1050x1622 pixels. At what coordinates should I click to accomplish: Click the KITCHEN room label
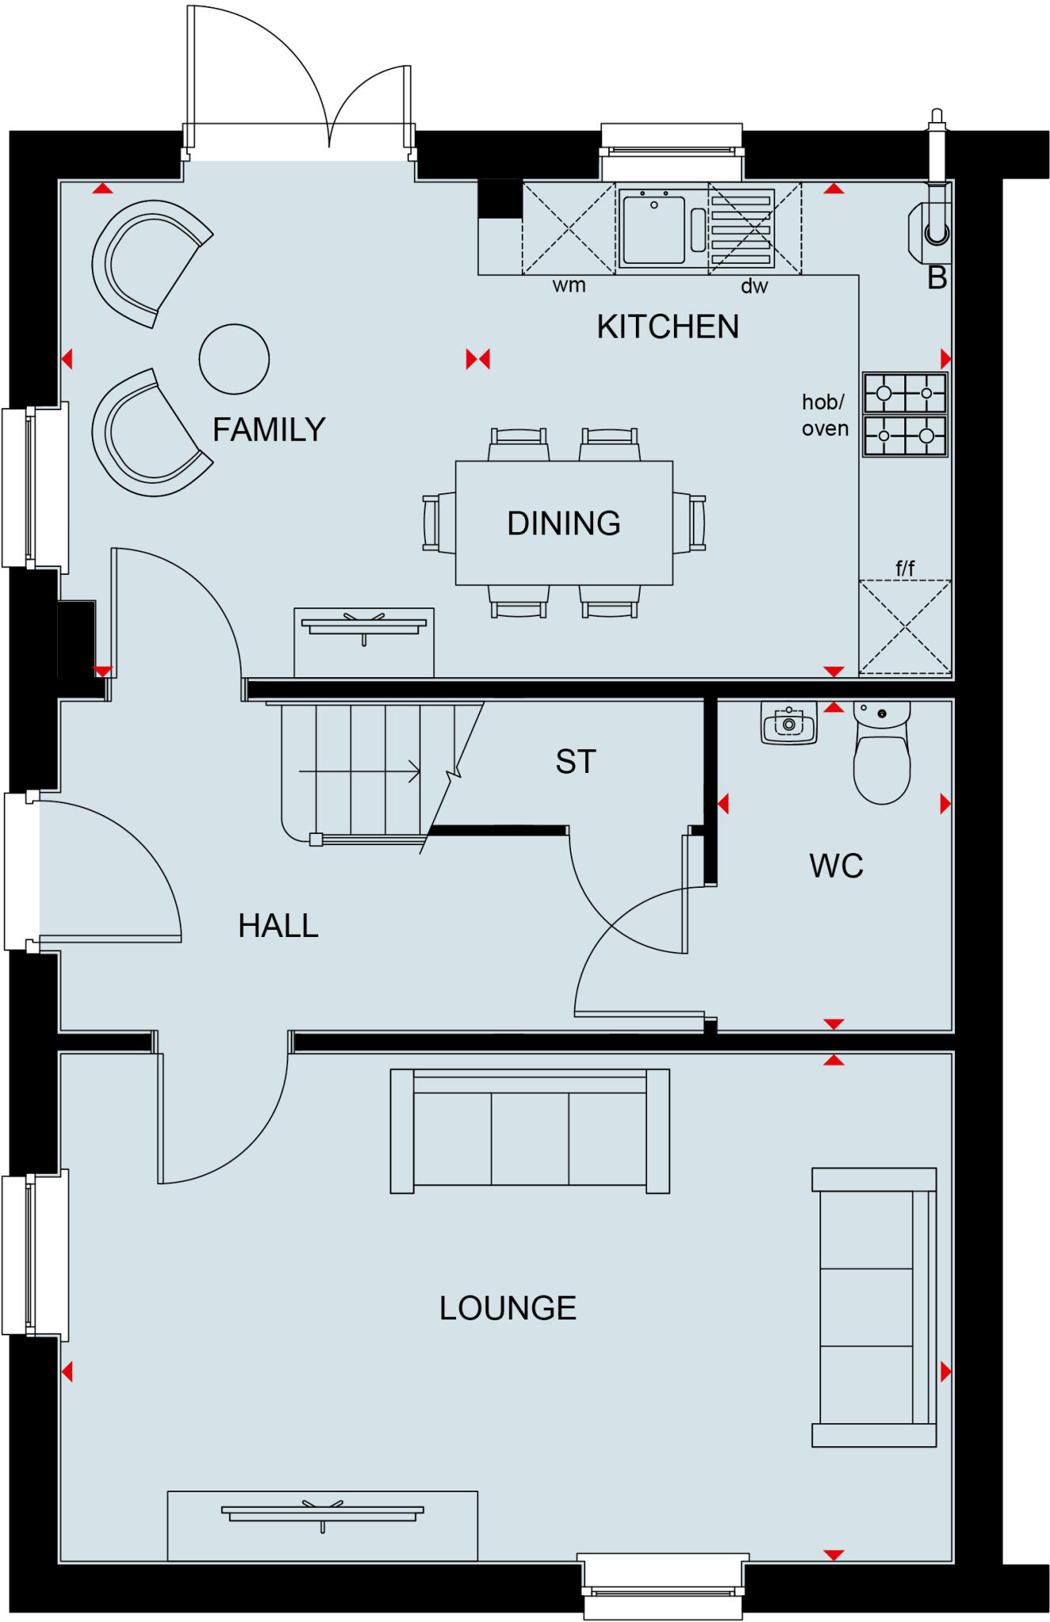click(x=668, y=327)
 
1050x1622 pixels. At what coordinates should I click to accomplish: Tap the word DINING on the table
click(x=564, y=524)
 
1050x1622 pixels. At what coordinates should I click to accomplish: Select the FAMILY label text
click(x=269, y=430)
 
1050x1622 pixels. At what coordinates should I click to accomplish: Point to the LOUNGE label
click(x=508, y=1308)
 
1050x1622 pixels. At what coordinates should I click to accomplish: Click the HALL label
click(x=278, y=926)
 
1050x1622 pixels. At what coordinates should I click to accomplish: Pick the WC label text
click(x=836, y=866)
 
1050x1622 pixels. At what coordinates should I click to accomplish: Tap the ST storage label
click(x=576, y=762)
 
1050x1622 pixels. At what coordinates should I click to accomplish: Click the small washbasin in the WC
click(x=789, y=723)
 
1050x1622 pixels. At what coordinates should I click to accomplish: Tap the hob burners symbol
click(x=904, y=414)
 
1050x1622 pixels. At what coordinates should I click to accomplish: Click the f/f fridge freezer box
click(x=905, y=626)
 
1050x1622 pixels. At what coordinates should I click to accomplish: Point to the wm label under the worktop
click(x=569, y=285)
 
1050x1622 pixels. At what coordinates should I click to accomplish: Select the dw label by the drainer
click(x=754, y=287)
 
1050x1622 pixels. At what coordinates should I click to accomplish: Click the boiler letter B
click(x=937, y=278)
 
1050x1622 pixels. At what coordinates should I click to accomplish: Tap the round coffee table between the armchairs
click(x=234, y=359)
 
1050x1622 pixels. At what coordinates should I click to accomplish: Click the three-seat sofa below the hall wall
click(x=530, y=1131)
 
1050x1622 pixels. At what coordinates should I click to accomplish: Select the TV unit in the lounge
click(x=322, y=1525)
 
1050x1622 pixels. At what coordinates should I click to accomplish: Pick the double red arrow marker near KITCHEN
click(x=478, y=359)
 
